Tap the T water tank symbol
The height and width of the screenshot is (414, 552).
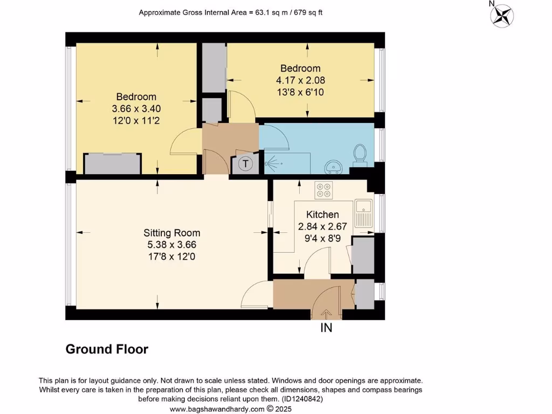pos(245,164)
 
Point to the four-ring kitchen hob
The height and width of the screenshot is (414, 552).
pos(324,190)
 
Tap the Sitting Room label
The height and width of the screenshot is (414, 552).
pos(171,233)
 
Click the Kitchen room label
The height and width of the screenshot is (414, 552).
pos(322,215)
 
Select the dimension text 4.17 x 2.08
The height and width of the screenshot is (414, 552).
pos(300,80)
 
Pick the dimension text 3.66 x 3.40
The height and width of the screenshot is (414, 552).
pos(136,108)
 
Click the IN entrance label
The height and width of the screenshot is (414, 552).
pos(327,328)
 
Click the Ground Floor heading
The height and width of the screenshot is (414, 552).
pos(107,349)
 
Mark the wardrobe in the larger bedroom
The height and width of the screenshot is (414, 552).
pos(113,164)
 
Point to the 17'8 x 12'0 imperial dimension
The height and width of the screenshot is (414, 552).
pos(171,257)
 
